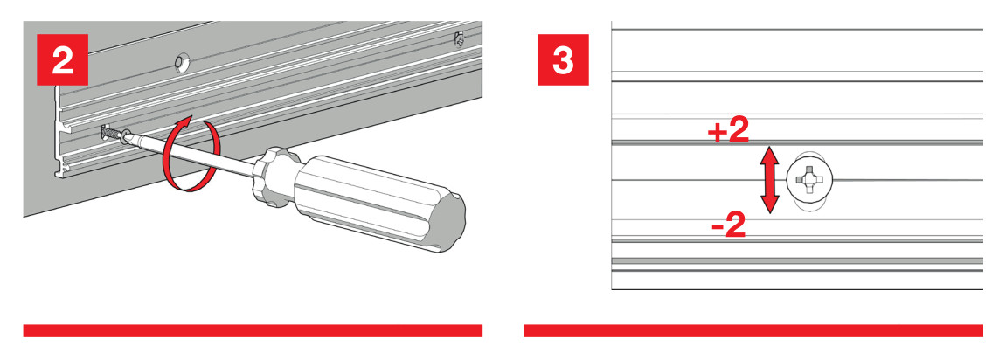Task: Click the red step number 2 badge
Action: [62, 59]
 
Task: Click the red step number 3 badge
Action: [563, 59]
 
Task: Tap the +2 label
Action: [728, 132]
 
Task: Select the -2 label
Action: [729, 226]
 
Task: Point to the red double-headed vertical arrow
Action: [770, 180]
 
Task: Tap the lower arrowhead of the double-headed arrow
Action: [770, 205]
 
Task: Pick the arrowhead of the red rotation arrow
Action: [184, 122]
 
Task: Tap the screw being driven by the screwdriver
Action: [115, 134]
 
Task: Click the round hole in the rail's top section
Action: [182, 62]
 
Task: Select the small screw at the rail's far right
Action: [459, 40]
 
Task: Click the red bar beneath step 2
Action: [253, 330]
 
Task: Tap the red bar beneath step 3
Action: [753, 330]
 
